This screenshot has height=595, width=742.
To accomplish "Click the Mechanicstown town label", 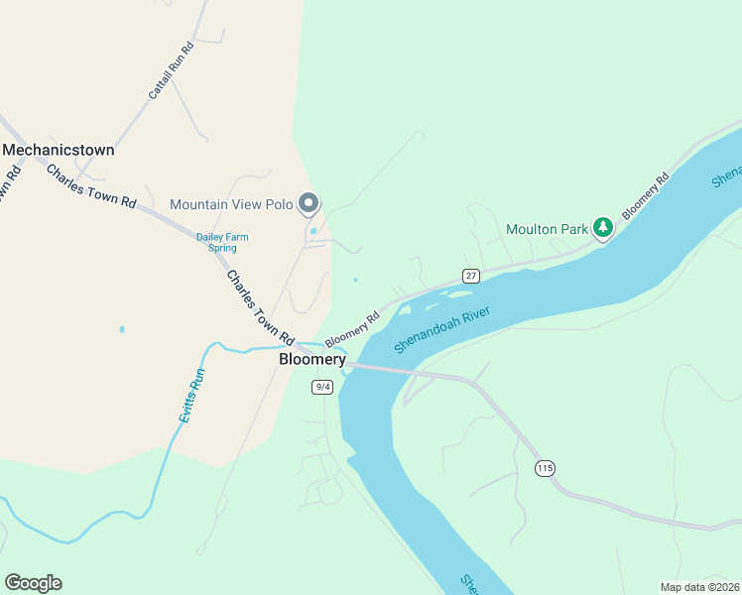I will [x=59, y=151].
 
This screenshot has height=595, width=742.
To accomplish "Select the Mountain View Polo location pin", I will [x=309, y=203].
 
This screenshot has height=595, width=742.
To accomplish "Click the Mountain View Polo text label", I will [x=231, y=205].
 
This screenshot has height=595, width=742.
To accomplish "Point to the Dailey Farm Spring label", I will [x=222, y=242].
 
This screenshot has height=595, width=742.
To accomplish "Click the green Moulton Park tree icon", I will [x=602, y=228].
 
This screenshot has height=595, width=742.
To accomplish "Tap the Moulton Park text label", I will [x=548, y=229].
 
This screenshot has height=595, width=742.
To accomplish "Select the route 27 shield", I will [x=470, y=275].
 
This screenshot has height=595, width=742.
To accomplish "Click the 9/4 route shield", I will [x=321, y=387].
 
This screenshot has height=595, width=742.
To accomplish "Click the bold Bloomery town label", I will [x=312, y=360].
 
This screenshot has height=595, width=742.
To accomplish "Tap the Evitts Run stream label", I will [x=192, y=397].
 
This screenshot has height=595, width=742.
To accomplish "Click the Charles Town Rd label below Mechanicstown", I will [x=90, y=185].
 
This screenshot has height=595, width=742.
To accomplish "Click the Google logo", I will [x=33, y=583].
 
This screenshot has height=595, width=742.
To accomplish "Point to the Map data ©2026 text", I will [x=699, y=586].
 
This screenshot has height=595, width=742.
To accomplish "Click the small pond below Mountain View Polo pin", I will [x=313, y=232].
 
